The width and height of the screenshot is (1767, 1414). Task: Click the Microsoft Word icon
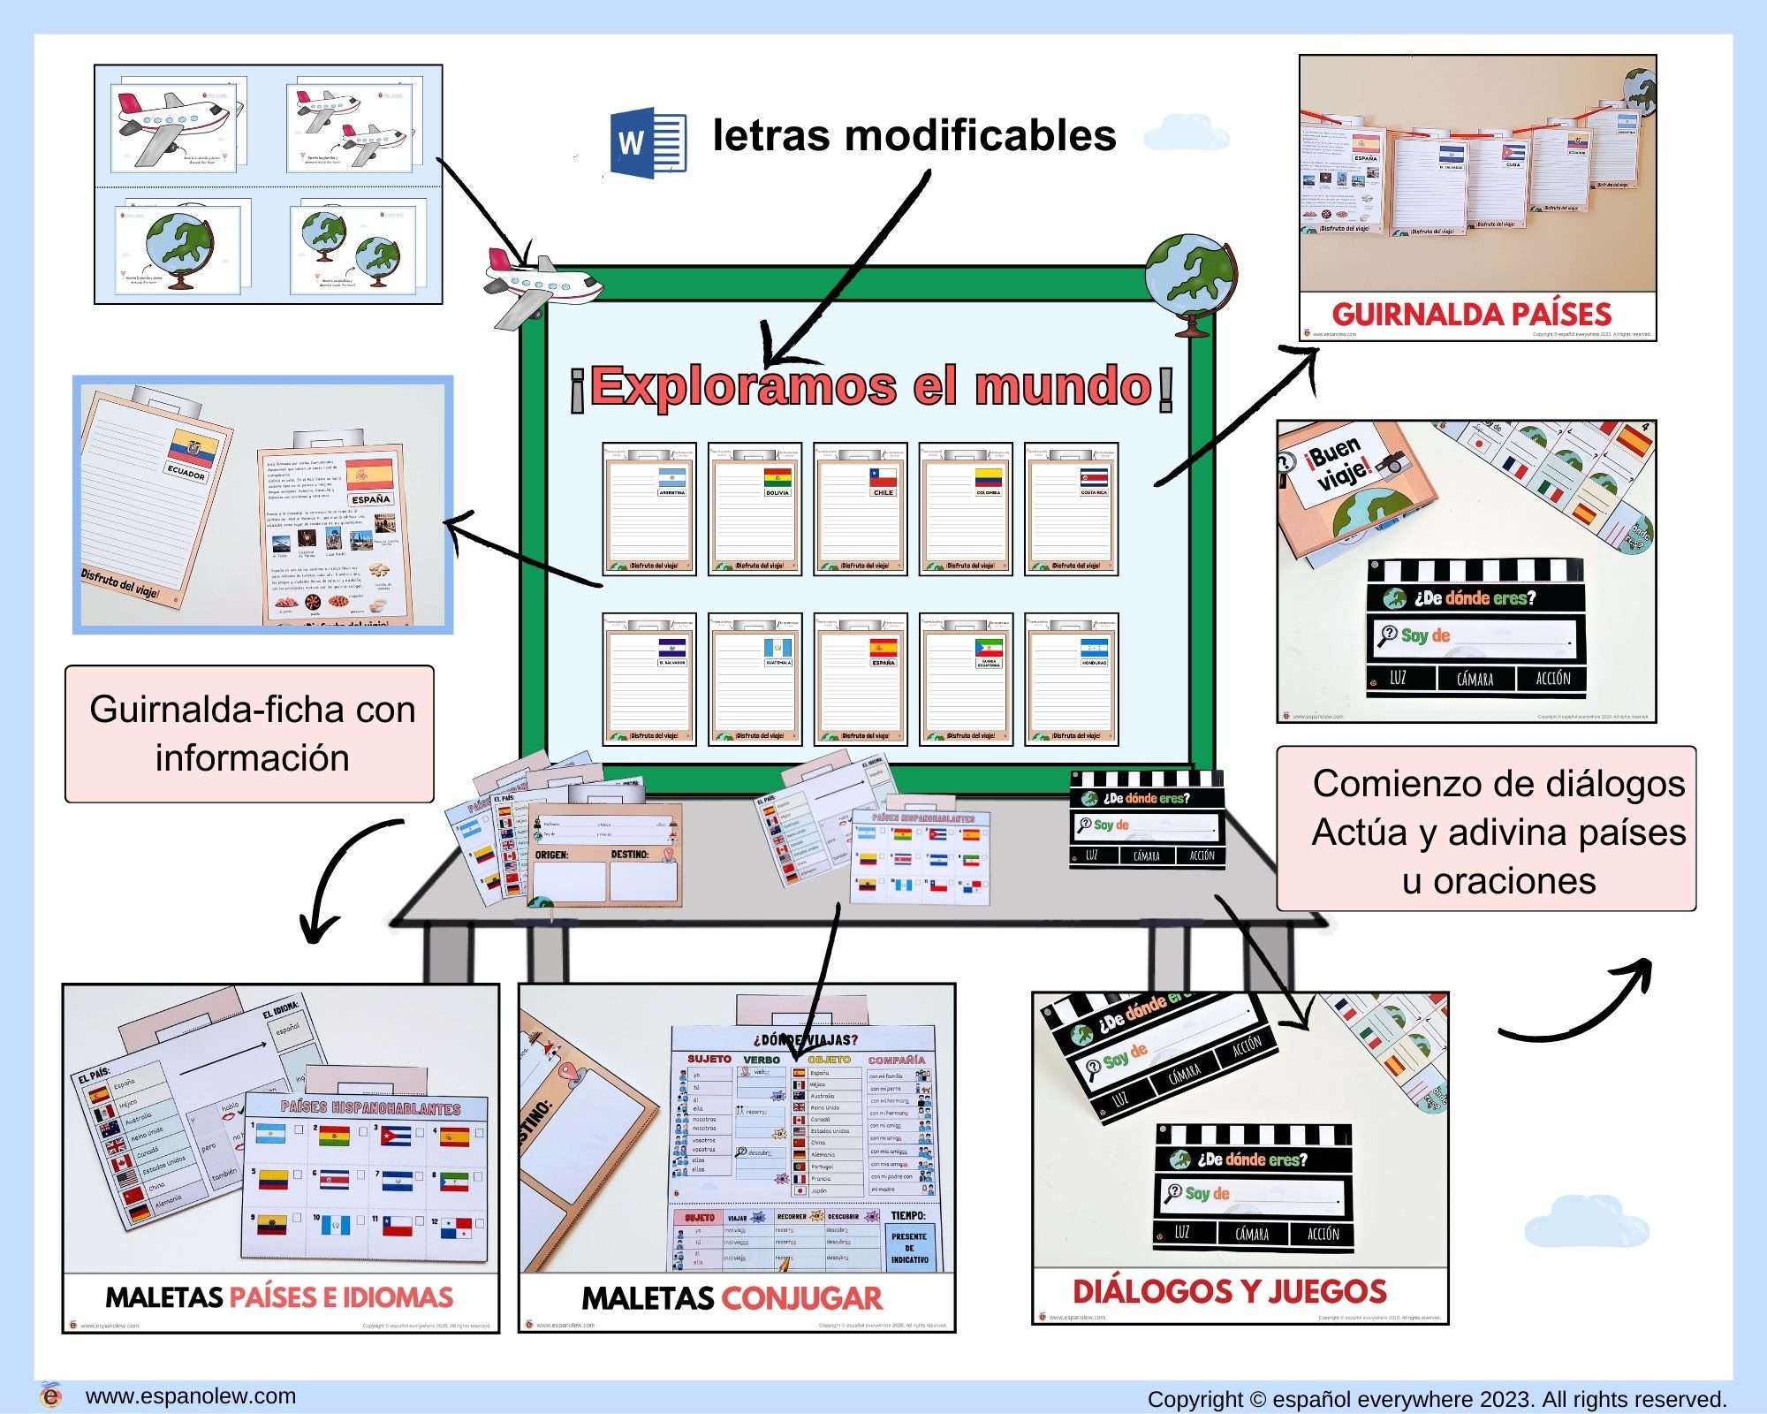pyautogui.click(x=648, y=142)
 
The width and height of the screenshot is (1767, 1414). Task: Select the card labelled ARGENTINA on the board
pyautogui.click(x=649, y=509)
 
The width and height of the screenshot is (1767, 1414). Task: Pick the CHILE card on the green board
pyautogui.click(x=861, y=509)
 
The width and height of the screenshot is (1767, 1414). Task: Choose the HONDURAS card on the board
pyautogui.click(x=1072, y=679)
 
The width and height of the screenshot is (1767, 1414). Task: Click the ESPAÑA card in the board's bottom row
pyautogui.click(x=861, y=679)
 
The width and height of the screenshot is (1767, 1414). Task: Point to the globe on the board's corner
pyautogui.click(x=1191, y=281)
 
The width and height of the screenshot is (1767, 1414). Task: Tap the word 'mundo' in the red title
pyautogui.click(x=1063, y=386)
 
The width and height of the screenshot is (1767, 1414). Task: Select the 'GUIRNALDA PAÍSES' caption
pyautogui.click(x=1471, y=315)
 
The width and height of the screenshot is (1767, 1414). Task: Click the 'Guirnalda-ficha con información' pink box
pyautogui.click(x=250, y=734)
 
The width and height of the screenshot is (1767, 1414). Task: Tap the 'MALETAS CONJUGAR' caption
pyautogui.click(x=732, y=1298)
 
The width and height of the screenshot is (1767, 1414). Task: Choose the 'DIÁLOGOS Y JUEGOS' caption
pyautogui.click(x=1230, y=1292)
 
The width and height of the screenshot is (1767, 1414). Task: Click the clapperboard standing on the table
pyautogui.click(x=1147, y=819)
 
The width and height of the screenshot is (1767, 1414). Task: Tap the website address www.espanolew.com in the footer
pyautogui.click(x=190, y=1396)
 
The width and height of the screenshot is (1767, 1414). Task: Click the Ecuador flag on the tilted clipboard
pyautogui.click(x=192, y=448)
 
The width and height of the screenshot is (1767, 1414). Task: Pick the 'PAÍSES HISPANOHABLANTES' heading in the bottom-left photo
pyautogui.click(x=370, y=1107)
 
